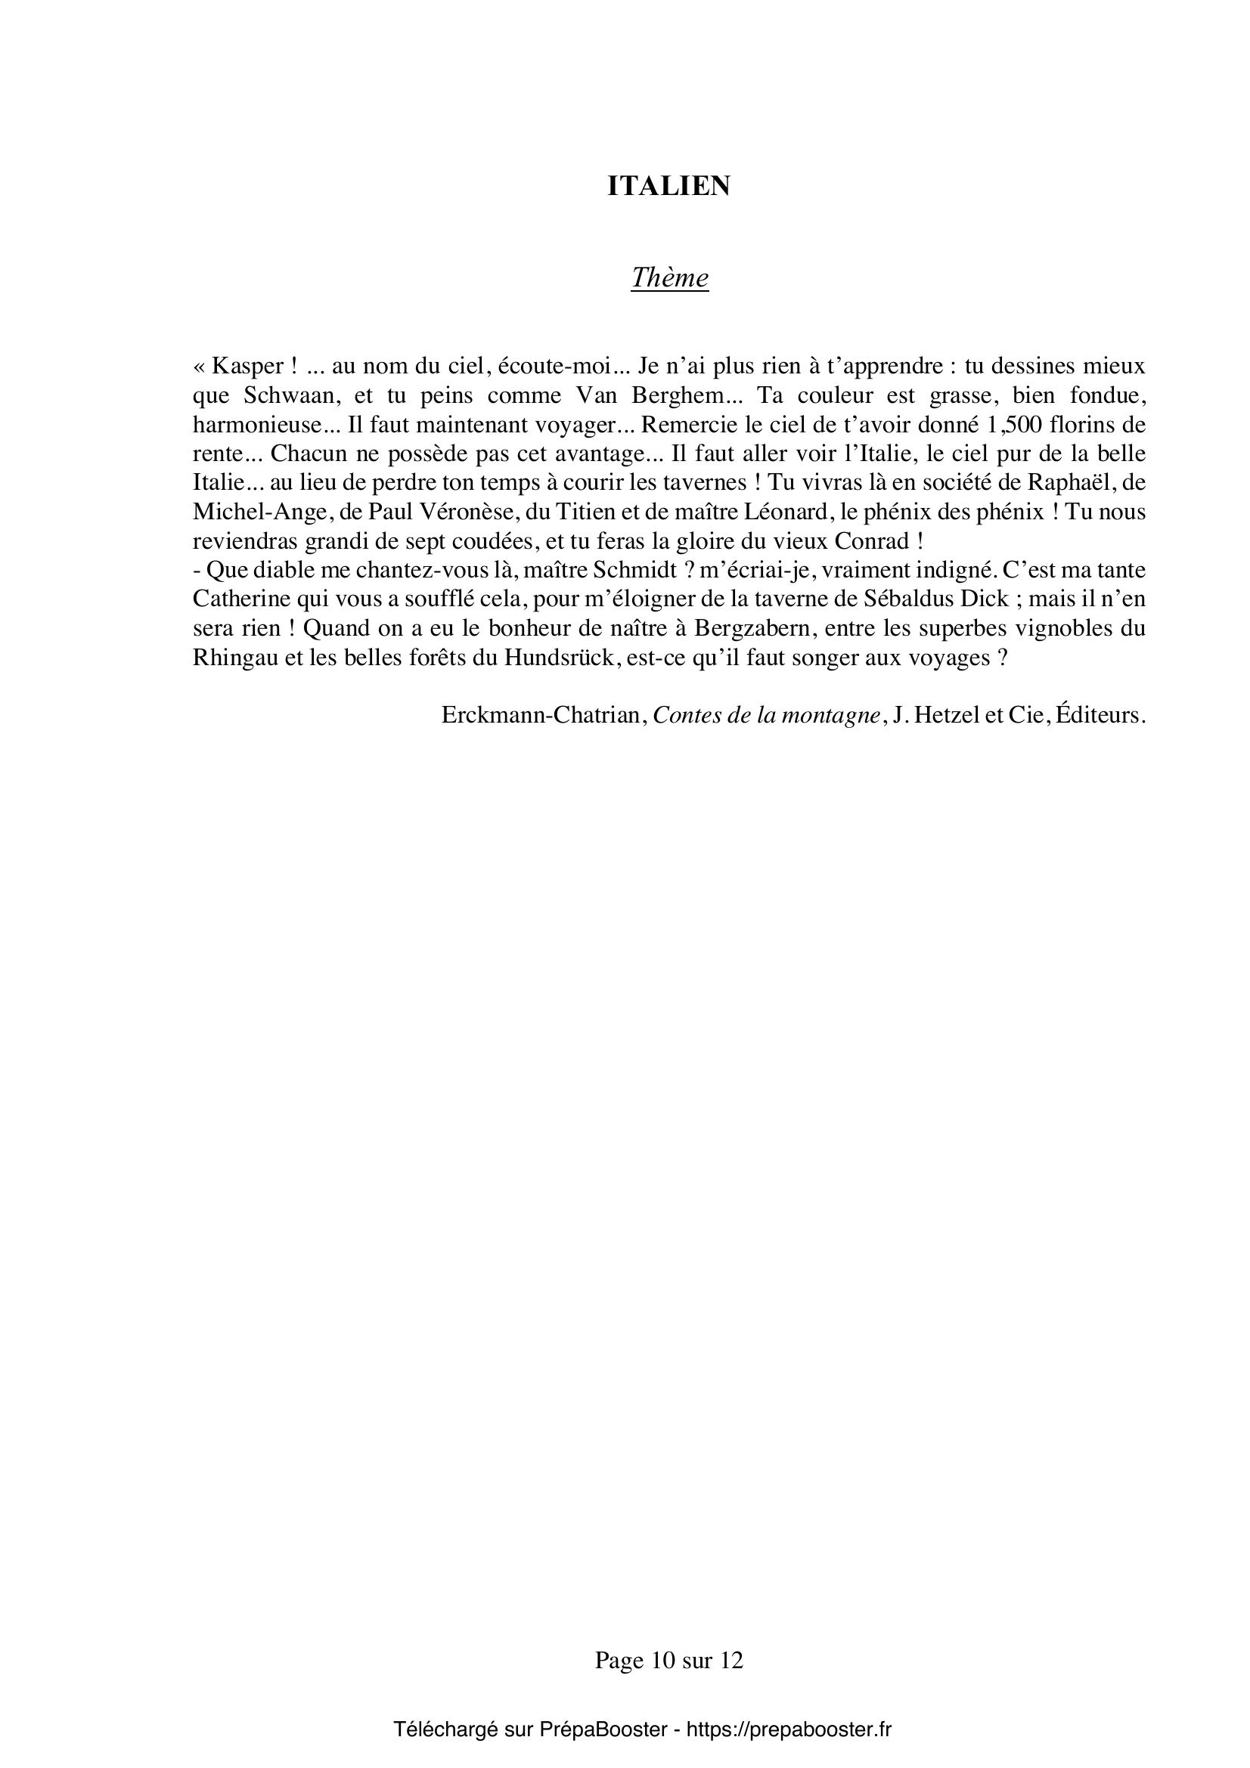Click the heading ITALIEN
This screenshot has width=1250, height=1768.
pos(668,187)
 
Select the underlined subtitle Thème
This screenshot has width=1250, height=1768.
pos(669,277)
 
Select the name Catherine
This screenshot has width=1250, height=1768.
pos(243,600)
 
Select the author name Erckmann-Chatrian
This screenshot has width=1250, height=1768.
pos(541,715)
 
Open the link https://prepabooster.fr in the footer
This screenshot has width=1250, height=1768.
pos(789,1729)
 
